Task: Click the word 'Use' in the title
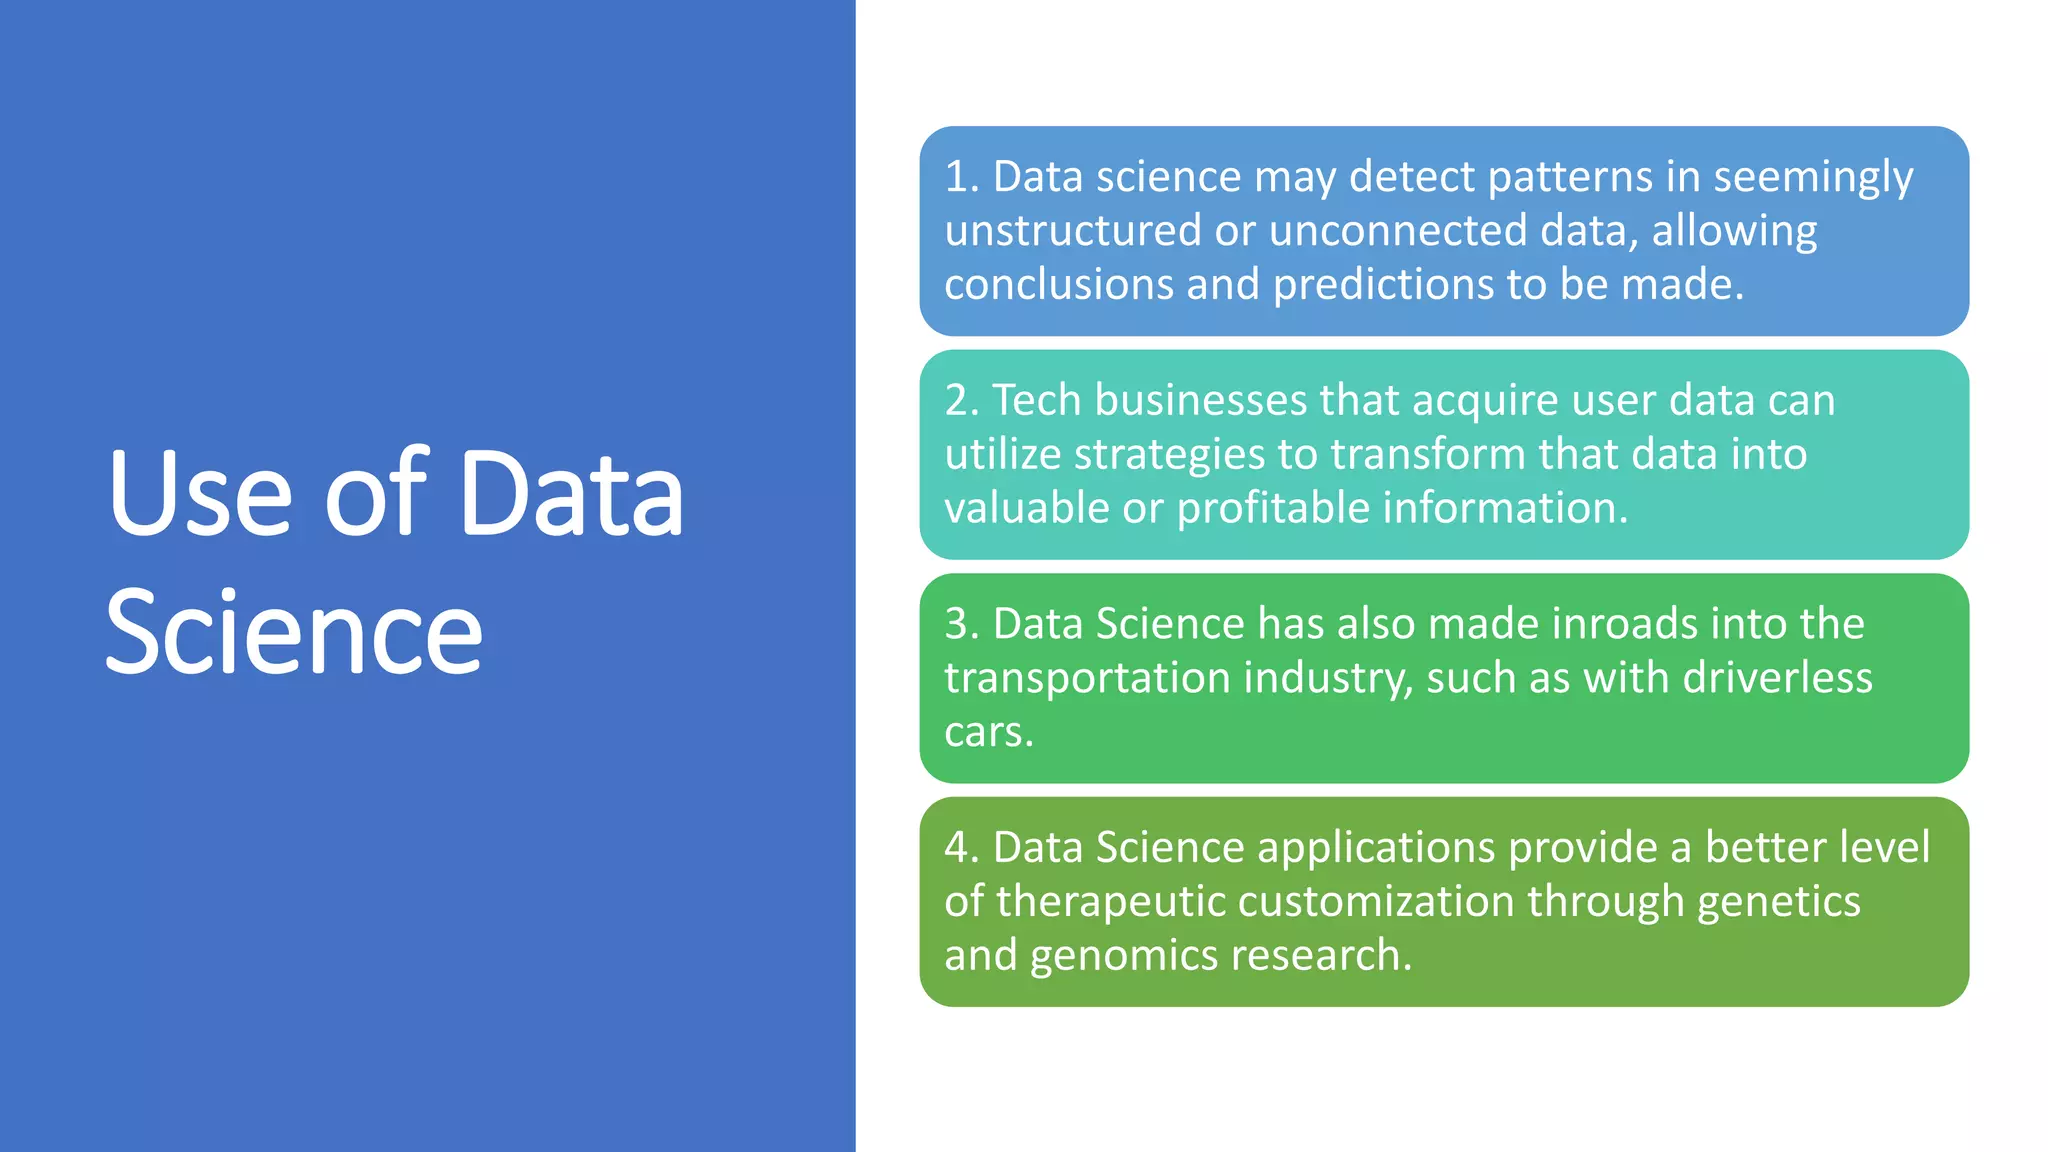(x=200, y=494)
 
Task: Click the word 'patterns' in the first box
(x=1570, y=177)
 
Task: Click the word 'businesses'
(x=1201, y=400)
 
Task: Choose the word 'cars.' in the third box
(x=988, y=732)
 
